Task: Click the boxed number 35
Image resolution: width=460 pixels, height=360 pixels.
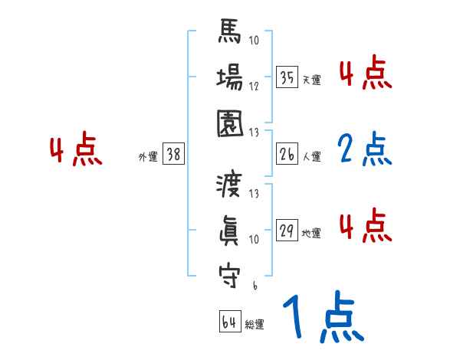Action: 287,77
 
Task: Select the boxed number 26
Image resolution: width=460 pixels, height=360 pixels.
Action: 287,153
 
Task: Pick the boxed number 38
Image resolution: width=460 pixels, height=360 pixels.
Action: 173,154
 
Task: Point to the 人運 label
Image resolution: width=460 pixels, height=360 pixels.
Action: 311,156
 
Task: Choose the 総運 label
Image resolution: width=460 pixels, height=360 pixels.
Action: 255,325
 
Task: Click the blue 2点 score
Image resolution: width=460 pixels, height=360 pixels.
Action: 364,150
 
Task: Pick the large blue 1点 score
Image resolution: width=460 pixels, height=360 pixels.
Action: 322,316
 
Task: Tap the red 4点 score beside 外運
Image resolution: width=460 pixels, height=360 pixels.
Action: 75,150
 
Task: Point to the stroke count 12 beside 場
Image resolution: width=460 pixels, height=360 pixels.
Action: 254,85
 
